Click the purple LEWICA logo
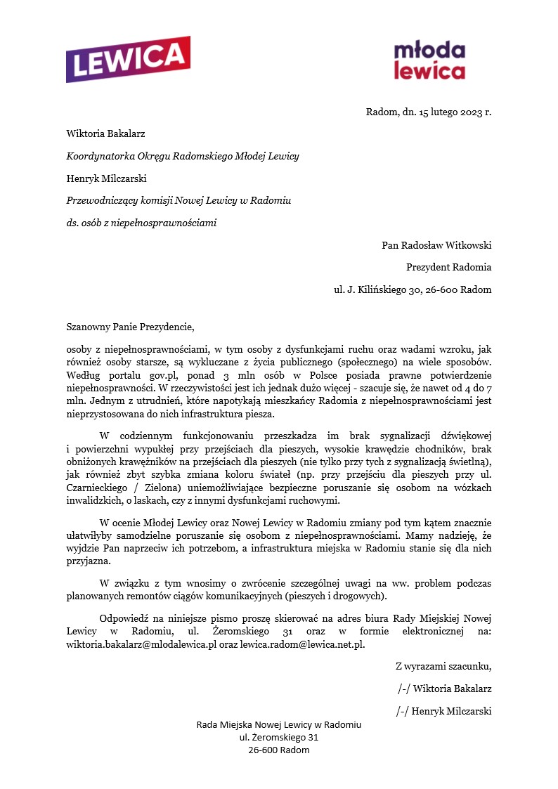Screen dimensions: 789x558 click(x=128, y=60)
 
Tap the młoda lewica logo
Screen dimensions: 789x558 click(x=429, y=60)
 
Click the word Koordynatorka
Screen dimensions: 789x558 click(x=99, y=157)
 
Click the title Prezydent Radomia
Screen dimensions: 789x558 click(x=448, y=267)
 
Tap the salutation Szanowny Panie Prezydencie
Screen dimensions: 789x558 click(x=129, y=327)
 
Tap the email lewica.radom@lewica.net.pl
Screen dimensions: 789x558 click(x=302, y=644)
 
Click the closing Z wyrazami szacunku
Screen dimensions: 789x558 click(x=443, y=666)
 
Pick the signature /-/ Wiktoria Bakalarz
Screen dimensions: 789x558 click(x=444, y=689)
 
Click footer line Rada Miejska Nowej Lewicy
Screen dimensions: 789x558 click(x=278, y=724)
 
